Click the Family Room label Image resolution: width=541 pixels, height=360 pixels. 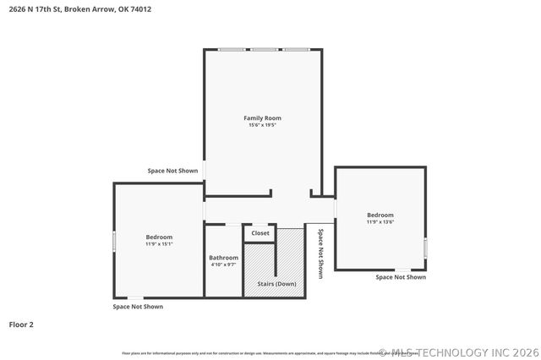point(262,117)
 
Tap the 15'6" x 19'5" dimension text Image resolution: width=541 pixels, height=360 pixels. point(262,125)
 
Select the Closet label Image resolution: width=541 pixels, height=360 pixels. point(260,233)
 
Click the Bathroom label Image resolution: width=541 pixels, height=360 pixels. point(224,258)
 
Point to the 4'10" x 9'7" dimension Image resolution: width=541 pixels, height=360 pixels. point(224,265)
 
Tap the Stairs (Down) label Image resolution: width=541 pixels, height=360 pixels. point(276,284)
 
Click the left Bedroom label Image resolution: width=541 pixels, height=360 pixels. point(159,237)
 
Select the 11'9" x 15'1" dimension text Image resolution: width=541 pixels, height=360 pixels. point(159,244)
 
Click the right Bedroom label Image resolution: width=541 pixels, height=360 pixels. point(380,215)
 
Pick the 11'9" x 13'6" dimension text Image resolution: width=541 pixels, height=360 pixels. point(380,222)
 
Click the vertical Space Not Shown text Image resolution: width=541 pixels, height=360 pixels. point(320,253)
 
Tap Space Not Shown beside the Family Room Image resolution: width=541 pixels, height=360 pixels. point(172,171)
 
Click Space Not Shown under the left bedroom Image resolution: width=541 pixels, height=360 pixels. point(138,307)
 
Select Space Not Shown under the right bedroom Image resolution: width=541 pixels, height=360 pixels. point(401,277)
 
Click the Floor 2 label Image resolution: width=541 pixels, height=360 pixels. point(21,324)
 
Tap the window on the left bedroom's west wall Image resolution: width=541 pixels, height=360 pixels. point(115,241)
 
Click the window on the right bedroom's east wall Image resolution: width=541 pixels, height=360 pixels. point(425,247)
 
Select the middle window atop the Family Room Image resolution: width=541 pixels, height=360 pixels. point(264,49)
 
